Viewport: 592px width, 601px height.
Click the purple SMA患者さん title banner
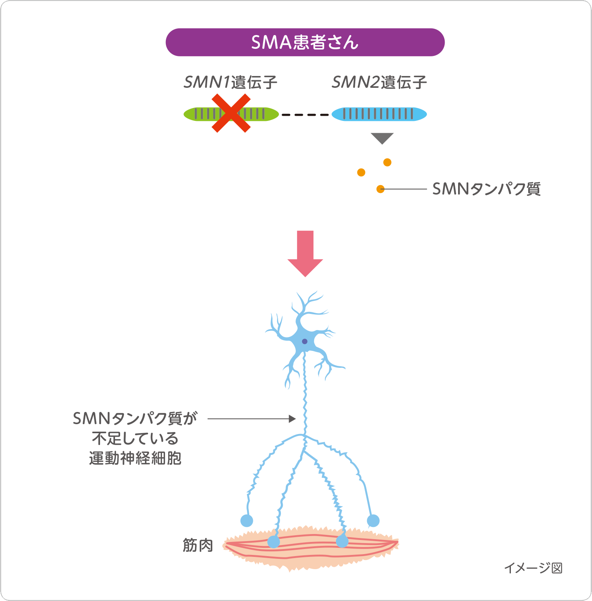tap(305, 42)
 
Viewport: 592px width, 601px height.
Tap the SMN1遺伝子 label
tap(230, 83)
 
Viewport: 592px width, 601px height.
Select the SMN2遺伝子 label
tap(379, 83)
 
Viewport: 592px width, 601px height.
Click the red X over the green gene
tap(231, 113)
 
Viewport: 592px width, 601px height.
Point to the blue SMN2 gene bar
tap(379, 114)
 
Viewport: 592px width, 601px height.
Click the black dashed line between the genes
tap(305, 115)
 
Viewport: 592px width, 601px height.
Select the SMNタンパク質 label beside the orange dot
tap(486, 189)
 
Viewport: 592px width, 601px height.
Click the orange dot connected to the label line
tap(380, 189)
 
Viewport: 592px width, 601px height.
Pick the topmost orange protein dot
tap(387, 162)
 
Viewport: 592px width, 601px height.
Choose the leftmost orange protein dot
tap(361, 173)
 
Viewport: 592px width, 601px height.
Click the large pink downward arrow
tap(305, 254)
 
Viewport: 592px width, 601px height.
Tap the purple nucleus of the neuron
tap(304, 341)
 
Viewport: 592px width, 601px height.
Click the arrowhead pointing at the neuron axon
tap(292, 419)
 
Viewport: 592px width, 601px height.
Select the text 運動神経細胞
tap(135, 458)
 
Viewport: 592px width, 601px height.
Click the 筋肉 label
tap(198, 545)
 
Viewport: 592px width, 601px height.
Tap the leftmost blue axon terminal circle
tap(247, 521)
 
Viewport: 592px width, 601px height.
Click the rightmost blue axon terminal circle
tap(373, 521)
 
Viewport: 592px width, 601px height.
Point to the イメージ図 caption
tap(533, 568)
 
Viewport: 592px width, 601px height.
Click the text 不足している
tap(135, 438)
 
